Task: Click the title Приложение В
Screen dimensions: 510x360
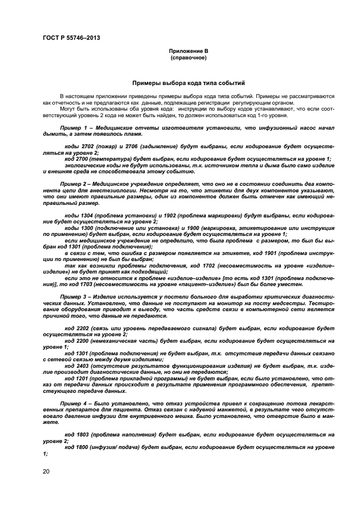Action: click(188, 51)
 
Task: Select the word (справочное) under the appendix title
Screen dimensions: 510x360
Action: click(188, 57)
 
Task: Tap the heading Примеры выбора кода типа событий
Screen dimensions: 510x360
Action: click(188, 83)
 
